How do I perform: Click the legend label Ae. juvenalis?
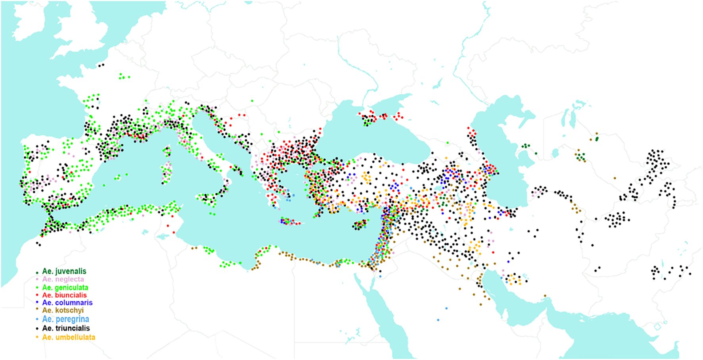[64, 271]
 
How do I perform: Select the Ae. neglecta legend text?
[63, 279]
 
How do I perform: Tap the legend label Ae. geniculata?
[65, 287]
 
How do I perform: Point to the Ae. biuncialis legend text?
[64, 295]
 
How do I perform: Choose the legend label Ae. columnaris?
[67, 302]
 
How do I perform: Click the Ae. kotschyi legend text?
[63, 310]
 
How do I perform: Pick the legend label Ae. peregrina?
[65, 319]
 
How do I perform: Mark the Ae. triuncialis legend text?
[66, 328]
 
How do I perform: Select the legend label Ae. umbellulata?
[69, 337]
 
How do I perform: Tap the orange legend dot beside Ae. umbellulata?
[37, 338]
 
